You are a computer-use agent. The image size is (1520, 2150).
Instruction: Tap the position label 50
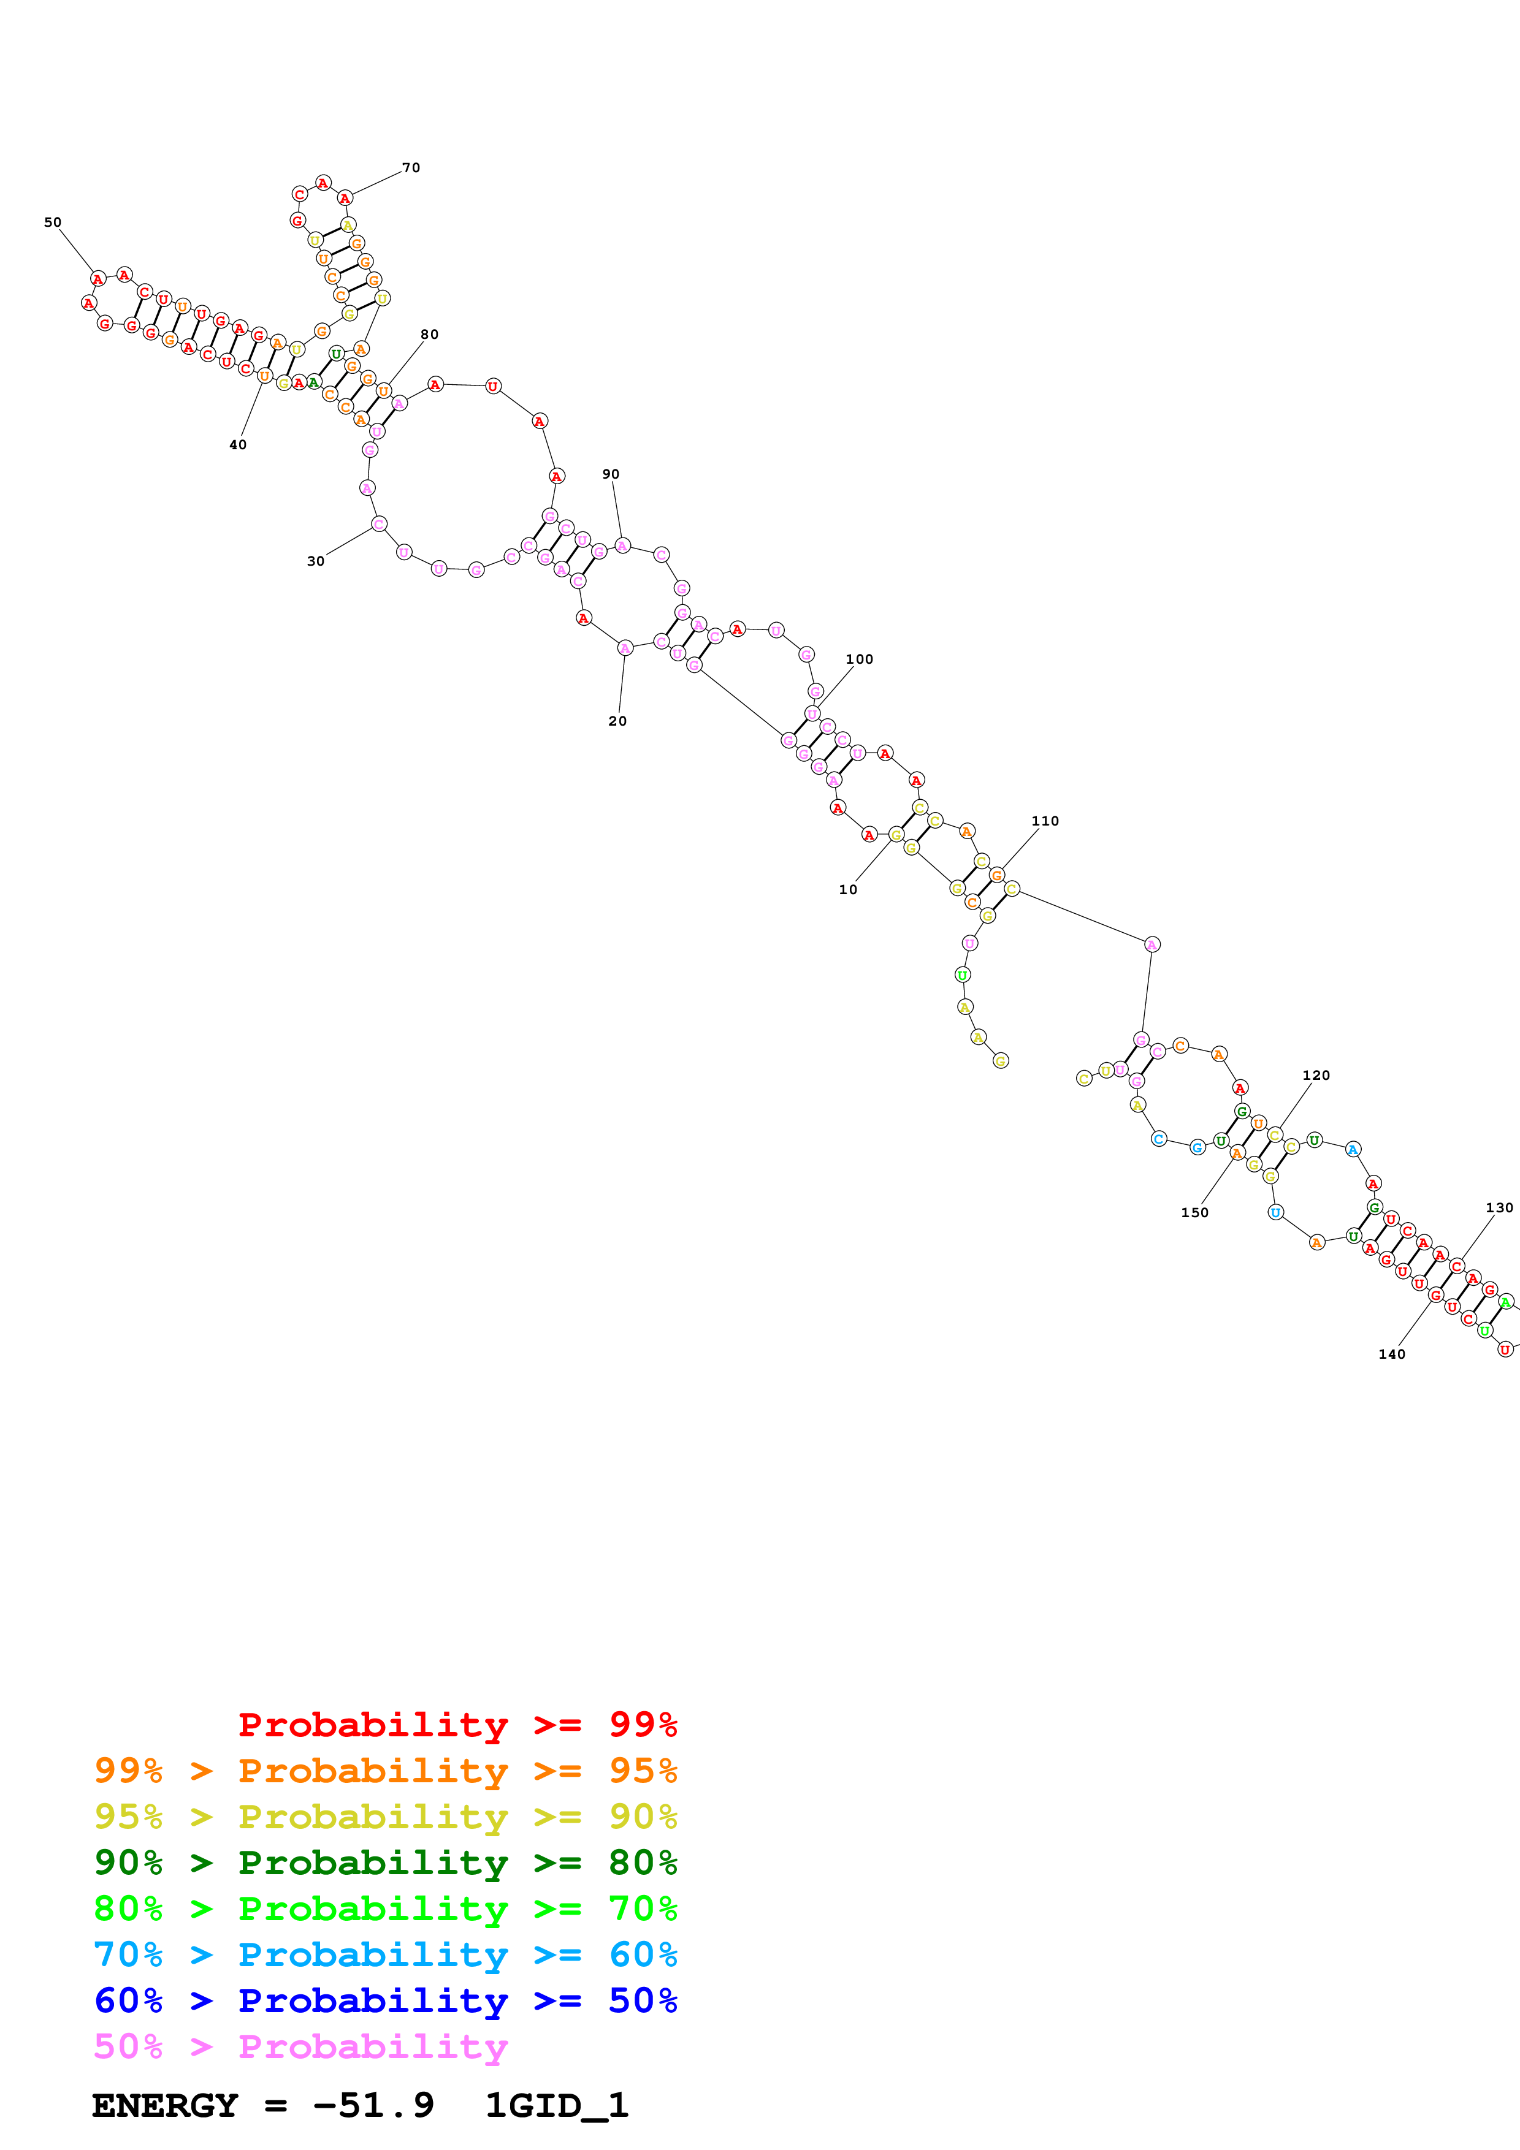point(53,223)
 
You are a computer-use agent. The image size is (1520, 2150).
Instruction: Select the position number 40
point(238,445)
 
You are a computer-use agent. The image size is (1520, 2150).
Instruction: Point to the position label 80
point(429,334)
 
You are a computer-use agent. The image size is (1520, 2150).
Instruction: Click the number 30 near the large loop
point(316,561)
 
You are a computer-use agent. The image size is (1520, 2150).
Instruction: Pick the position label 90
point(611,474)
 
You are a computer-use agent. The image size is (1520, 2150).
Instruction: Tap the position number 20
point(617,721)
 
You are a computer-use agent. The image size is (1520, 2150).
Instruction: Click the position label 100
point(859,659)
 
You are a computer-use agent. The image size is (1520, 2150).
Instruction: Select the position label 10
point(847,889)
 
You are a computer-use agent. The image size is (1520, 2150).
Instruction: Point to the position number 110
point(1045,821)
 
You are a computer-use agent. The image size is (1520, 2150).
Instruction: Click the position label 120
point(1316,1075)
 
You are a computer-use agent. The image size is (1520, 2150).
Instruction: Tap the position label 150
point(1194,1213)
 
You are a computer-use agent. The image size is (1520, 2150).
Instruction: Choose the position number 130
point(1499,1208)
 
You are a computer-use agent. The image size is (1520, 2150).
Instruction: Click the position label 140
point(1392,1354)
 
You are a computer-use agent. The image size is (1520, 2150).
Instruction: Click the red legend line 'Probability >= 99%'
point(457,1724)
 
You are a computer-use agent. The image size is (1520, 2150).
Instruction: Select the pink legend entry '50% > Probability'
point(300,2046)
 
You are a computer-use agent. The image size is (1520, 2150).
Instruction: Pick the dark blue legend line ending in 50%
point(385,2000)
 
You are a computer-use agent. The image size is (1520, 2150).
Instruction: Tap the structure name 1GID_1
point(556,2106)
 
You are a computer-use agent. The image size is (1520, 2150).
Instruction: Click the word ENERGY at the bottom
point(165,2106)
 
